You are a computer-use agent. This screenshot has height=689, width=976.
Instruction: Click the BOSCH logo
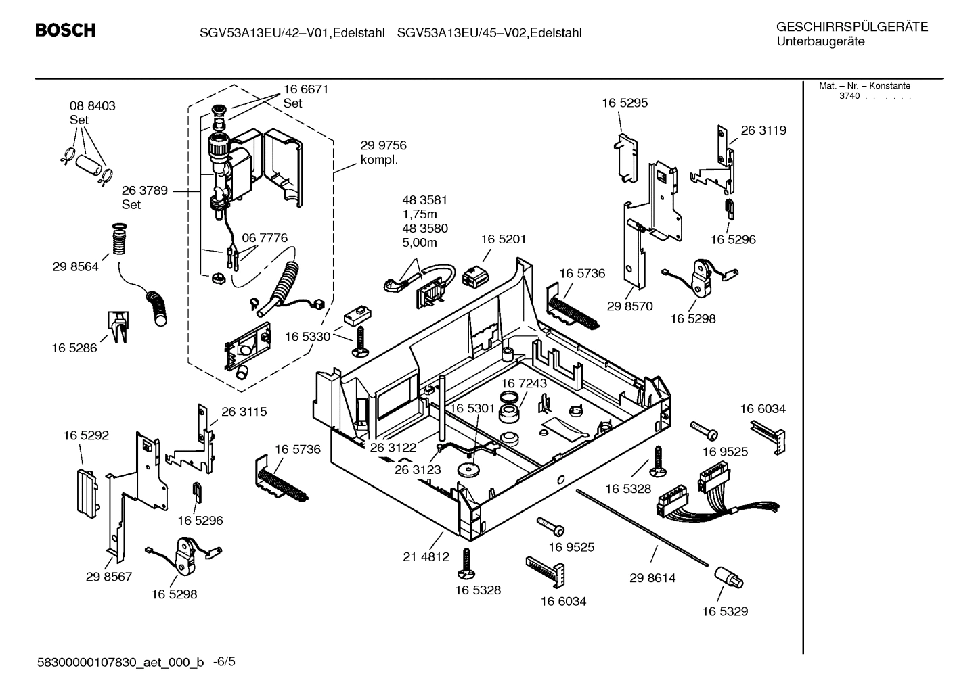65,30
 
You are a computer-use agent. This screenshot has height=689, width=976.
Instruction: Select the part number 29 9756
383,145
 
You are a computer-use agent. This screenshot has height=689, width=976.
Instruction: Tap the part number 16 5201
504,239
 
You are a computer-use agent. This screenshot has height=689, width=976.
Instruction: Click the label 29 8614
652,578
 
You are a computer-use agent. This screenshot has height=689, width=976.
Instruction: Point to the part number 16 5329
725,611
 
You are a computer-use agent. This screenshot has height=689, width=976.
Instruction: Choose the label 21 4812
426,557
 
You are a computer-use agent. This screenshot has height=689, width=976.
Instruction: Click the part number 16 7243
524,383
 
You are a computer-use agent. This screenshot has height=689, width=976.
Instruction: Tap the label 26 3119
763,130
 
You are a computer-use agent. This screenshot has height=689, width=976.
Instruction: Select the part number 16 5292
86,436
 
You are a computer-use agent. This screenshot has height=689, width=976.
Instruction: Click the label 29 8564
75,267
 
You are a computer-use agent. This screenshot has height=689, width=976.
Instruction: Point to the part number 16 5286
74,348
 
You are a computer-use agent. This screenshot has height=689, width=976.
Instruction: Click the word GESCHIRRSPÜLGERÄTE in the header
852,28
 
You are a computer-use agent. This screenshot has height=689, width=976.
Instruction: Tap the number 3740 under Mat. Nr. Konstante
849,96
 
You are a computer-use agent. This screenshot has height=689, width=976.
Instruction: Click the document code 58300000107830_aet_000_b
120,663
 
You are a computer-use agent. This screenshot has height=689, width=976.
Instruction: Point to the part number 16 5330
307,337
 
